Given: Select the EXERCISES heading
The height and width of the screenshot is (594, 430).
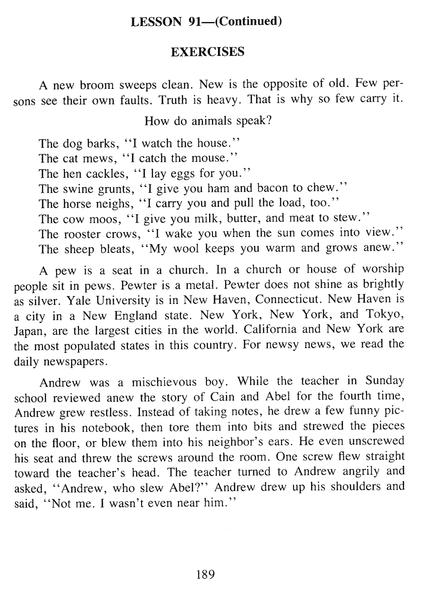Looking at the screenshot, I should tap(208, 52).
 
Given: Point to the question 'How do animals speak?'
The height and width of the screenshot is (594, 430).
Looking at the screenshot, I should tap(208, 121).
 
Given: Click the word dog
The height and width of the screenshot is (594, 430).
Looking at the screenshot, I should tap(73, 143).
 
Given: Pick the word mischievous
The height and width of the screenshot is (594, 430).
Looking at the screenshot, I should tap(164, 382).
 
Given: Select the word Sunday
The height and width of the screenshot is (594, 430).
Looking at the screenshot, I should tap(385, 381).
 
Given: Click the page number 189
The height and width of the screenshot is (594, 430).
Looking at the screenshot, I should tap(205, 574).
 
